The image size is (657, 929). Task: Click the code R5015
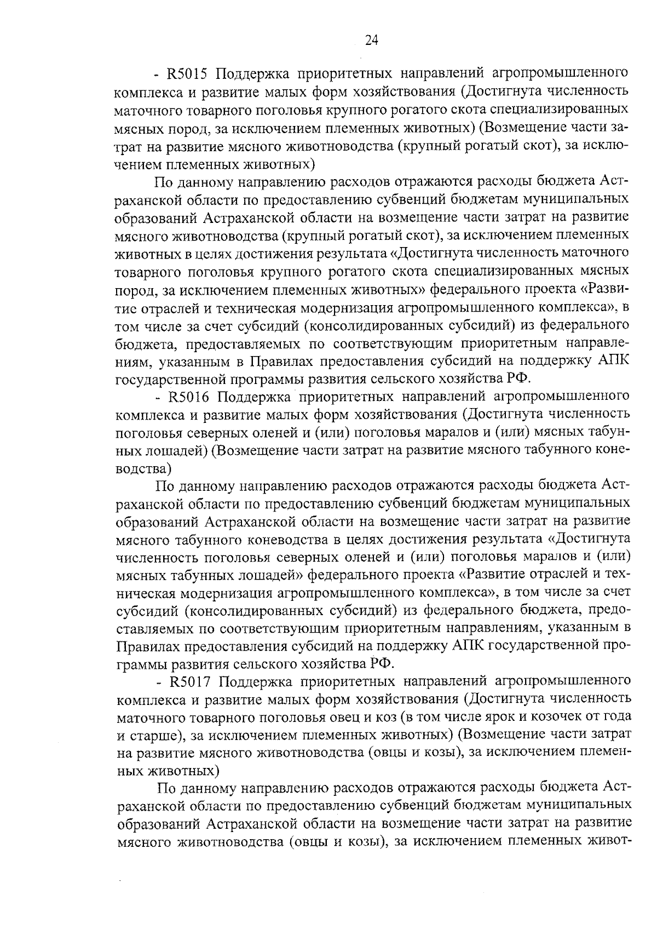click(x=186, y=73)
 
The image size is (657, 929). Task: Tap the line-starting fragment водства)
click(x=144, y=468)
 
